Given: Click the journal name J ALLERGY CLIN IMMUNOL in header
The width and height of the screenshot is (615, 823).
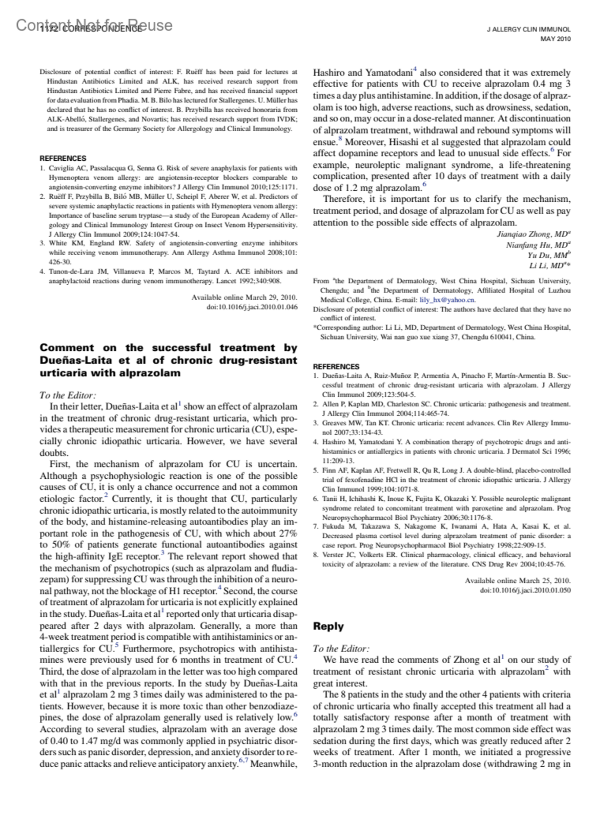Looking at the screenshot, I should (x=528, y=30).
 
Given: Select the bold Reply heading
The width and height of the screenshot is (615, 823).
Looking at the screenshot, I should (x=328, y=626).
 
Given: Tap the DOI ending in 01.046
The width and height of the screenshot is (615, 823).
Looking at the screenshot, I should (x=252, y=306).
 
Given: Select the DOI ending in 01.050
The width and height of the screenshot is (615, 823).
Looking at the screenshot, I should (x=525, y=590).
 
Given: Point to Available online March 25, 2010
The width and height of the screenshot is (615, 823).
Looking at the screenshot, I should (x=518, y=581).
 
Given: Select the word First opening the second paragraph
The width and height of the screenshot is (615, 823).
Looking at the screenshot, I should (x=60, y=465).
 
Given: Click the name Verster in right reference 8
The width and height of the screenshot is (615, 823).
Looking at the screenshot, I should (x=333, y=555).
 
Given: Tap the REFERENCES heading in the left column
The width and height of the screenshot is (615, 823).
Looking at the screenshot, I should (x=63, y=158).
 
